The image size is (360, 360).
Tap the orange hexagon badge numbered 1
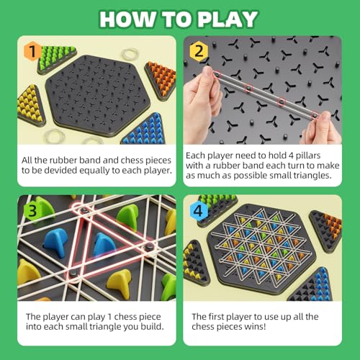31,51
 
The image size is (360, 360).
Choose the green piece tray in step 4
217,204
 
